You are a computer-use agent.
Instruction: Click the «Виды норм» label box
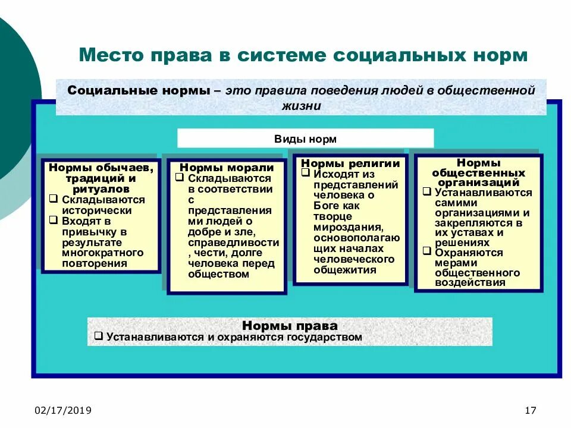click(x=305, y=139)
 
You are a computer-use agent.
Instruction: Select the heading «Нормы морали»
click(x=227, y=168)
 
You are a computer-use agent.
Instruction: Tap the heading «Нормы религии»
click(x=350, y=163)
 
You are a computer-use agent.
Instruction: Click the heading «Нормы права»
click(x=290, y=326)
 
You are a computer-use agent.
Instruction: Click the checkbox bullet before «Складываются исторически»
click(x=53, y=199)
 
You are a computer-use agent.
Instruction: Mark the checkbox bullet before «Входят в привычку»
click(x=53, y=221)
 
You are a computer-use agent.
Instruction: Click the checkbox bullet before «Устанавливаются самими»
click(x=426, y=191)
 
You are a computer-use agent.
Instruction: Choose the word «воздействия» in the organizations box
click(x=470, y=282)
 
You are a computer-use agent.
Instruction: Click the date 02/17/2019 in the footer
click(x=63, y=411)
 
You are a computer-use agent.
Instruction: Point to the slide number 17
click(x=531, y=411)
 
